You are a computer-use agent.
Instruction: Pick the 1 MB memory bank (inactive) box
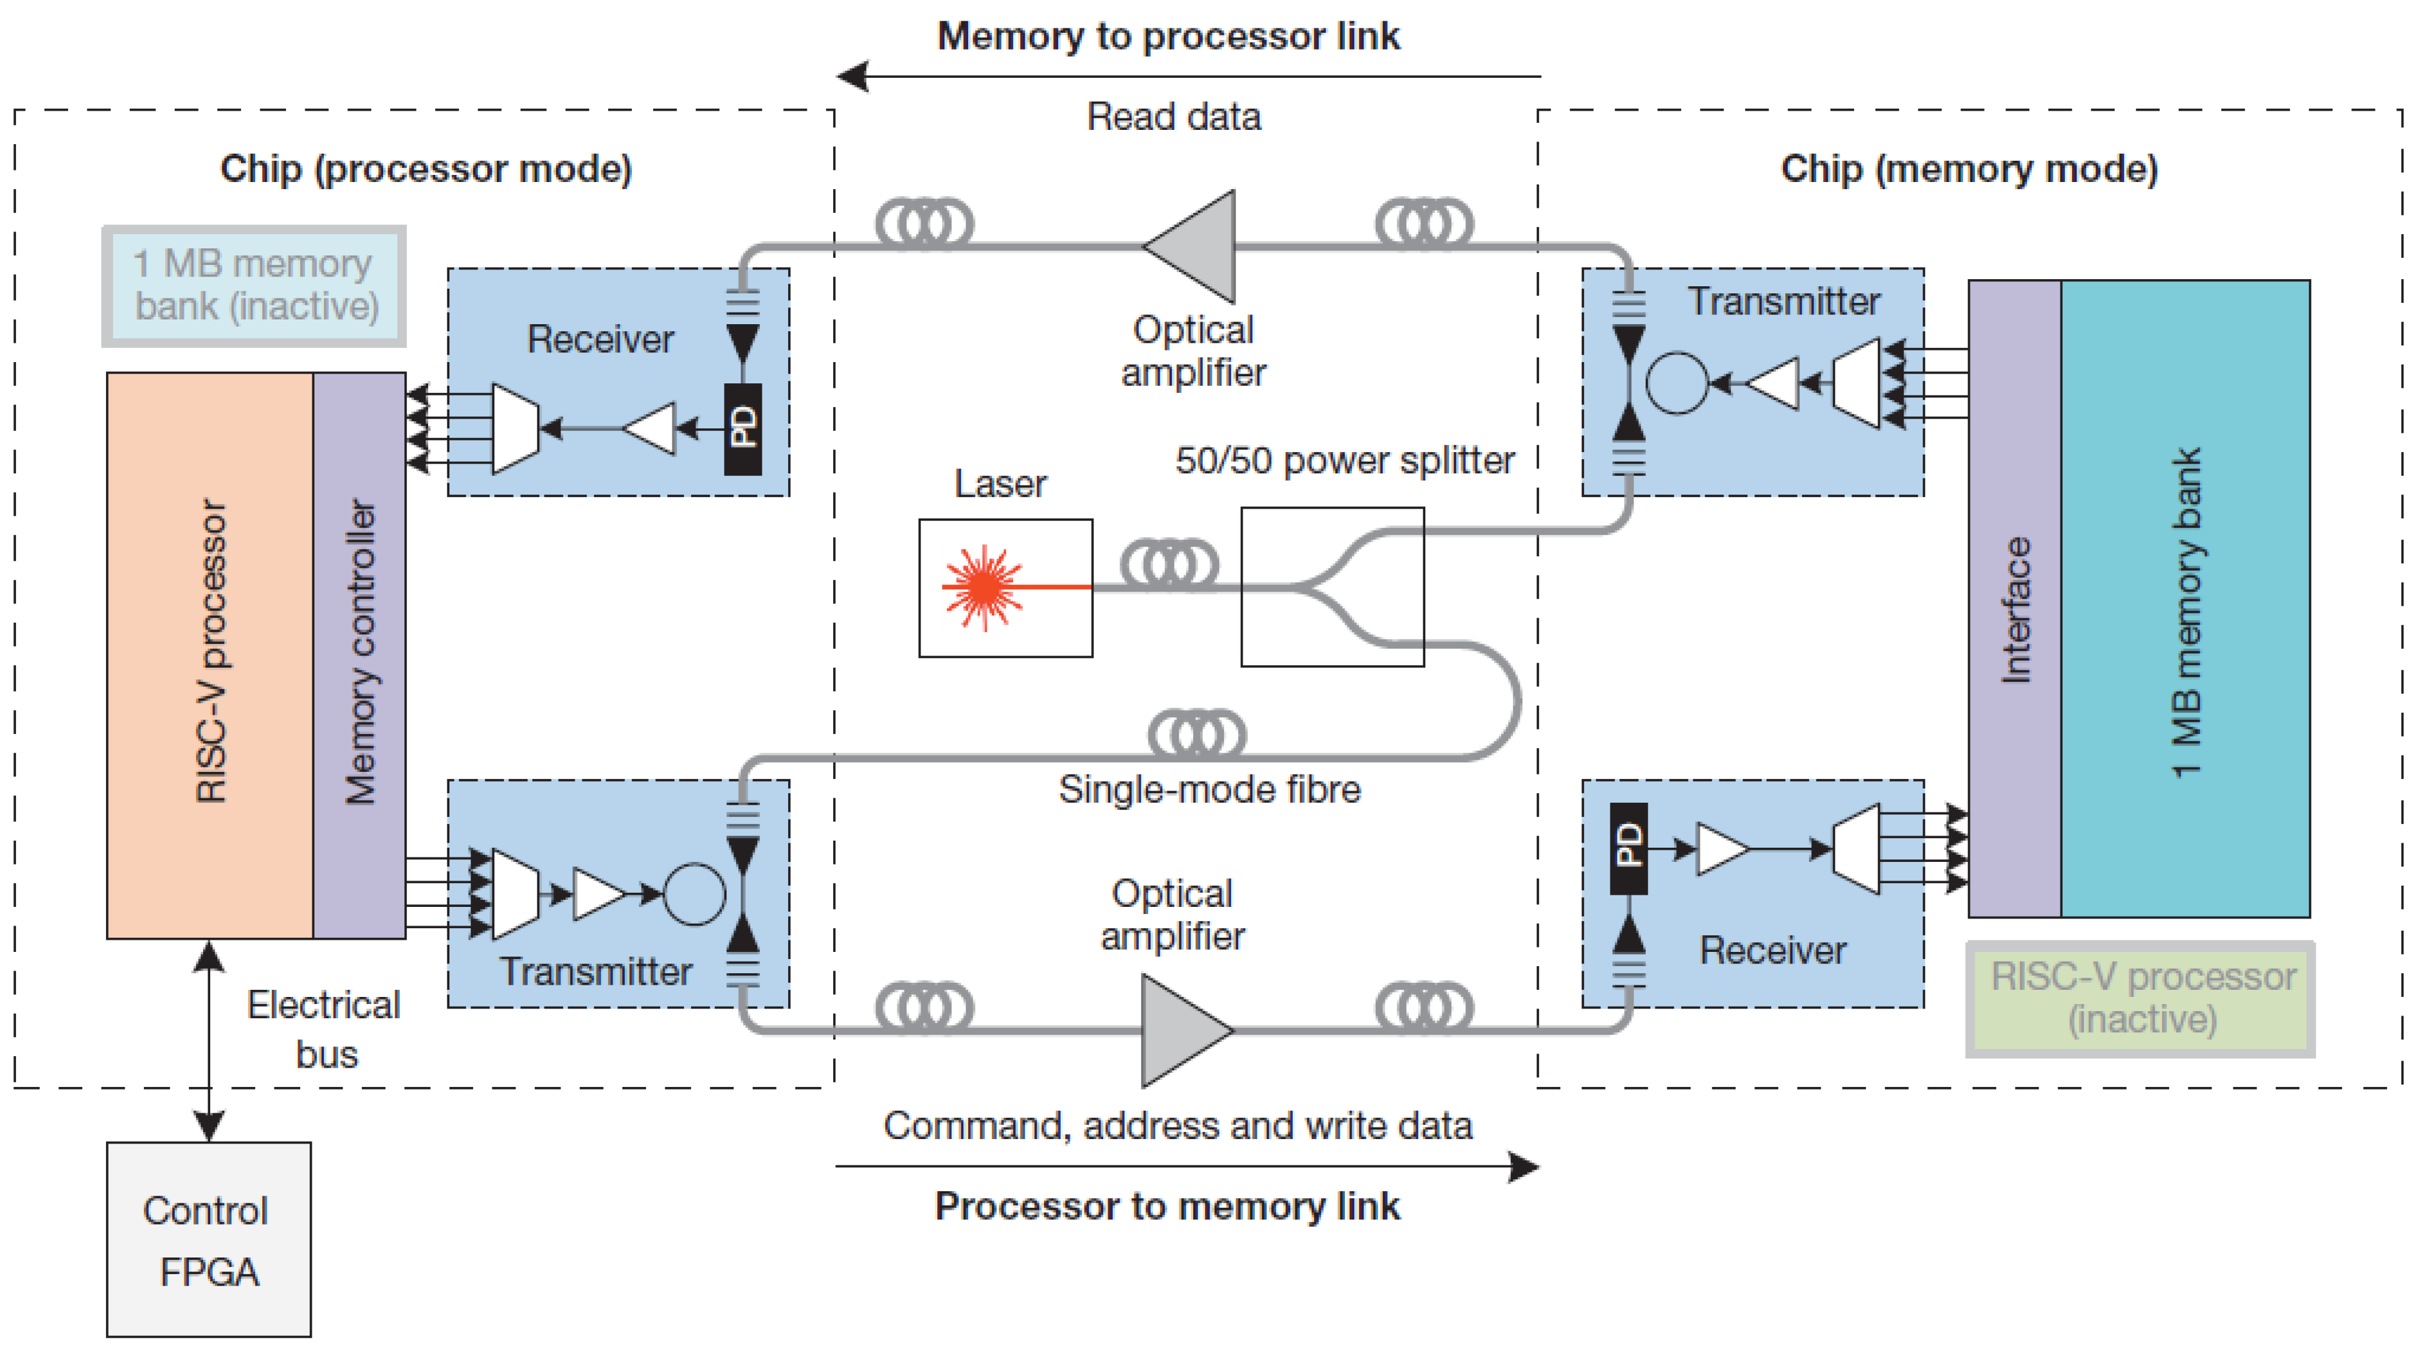[x=255, y=286]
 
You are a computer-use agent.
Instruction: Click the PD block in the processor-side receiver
[x=742, y=428]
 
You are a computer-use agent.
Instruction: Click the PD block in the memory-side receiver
[x=1628, y=848]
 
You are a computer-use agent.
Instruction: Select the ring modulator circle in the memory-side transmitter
[x=1677, y=383]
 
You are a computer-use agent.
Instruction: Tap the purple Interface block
[x=2014, y=598]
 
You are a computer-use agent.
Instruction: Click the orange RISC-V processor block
[x=210, y=654]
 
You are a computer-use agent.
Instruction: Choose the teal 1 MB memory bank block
[x=2185, y=598]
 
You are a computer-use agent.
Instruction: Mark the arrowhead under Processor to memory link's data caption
[x=1523, y=1167]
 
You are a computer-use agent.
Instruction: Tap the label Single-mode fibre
[x=1209, y=789]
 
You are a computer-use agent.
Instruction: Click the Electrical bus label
[x=324, y=1029]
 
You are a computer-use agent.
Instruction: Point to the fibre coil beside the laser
[x=1169, y=565]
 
